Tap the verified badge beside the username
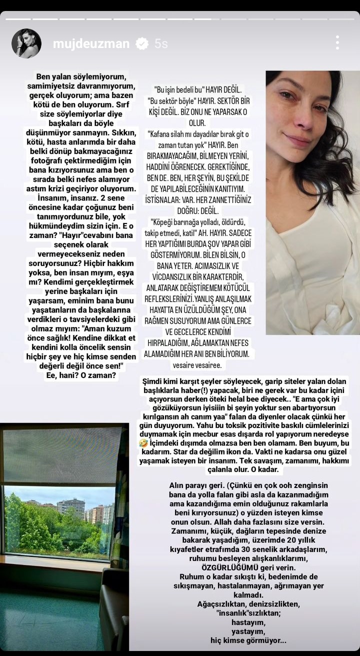(x=142, y=44)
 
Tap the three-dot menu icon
(x=337, y=42)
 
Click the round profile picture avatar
(x=26, y=43)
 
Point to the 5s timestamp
(x=161, y=44)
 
